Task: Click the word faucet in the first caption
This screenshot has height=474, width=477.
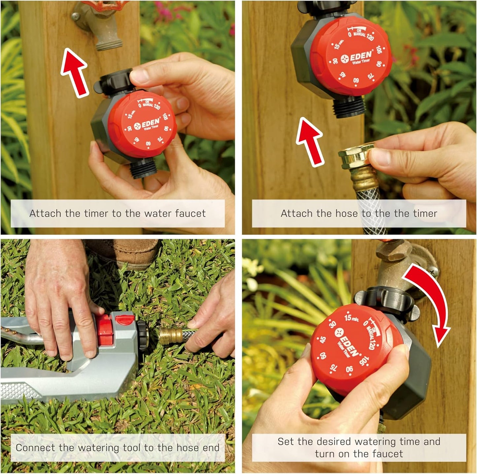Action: pos(190,213)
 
